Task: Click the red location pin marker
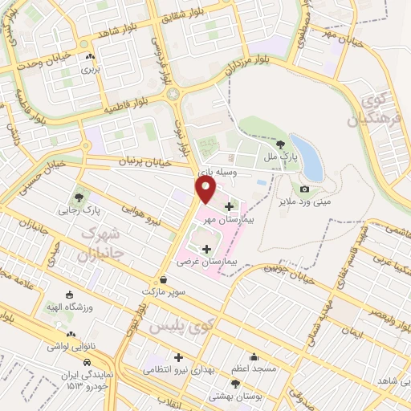205,189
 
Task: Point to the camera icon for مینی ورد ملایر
304,189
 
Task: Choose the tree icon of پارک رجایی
79,197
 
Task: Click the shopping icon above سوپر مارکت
165,279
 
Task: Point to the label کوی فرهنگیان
369,111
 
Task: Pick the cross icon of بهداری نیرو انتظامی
178,357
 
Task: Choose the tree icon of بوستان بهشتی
235,384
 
